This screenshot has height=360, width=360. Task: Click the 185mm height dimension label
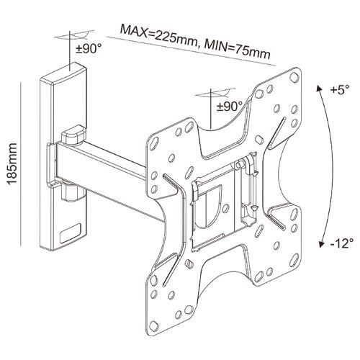[x=12, y=163]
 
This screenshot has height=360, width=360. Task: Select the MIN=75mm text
[x=237, y=50]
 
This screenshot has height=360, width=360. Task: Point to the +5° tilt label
[x=340, y=90]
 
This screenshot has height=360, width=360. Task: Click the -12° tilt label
[x=342, y=243]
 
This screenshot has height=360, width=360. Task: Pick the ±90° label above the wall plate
[x=89, y=49]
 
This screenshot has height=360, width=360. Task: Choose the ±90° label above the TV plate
[x=230, y=106]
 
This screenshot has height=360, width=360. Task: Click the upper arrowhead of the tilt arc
[x=318, y=88]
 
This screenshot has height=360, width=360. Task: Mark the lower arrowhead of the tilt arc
[x=320, y=244]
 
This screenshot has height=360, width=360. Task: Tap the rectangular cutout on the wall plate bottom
[x=71, y=233]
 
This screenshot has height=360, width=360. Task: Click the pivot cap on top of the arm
[x=73, y=135]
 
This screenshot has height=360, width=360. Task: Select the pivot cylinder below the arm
[x=72, y=193]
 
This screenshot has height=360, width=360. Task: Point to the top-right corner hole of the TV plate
[x=294, y=77]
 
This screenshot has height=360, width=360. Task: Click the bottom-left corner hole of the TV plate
[x=153, y=325]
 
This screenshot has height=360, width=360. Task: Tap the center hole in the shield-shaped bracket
[x=225, y=208]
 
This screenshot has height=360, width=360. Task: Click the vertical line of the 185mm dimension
[x=21, y=164]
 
